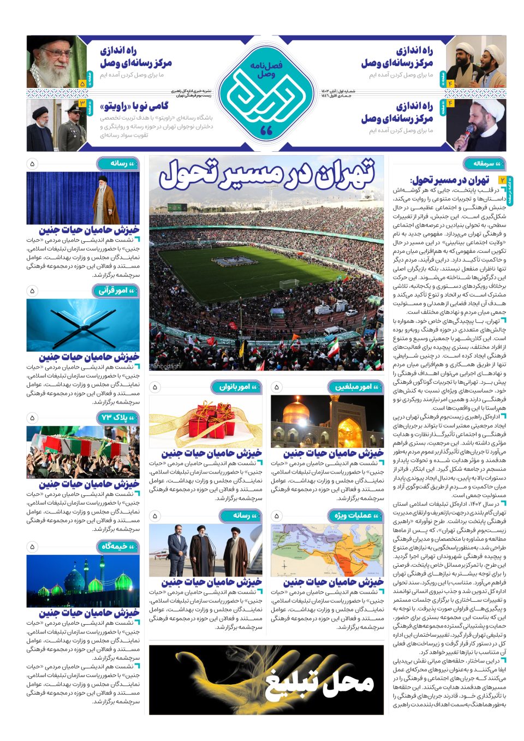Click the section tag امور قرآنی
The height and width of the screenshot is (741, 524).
coord(116,291)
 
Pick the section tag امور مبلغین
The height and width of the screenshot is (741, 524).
coord(356,387)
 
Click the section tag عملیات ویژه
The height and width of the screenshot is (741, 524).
coord(356,515)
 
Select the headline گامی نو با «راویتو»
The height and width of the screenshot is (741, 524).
coord(134,106)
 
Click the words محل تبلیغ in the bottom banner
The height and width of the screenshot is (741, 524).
coord(320,681)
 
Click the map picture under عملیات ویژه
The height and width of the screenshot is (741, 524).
coord(327,550)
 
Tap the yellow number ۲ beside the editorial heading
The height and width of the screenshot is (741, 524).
coord(501,180)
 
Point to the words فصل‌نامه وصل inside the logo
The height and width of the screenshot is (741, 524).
coord(266,69)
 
